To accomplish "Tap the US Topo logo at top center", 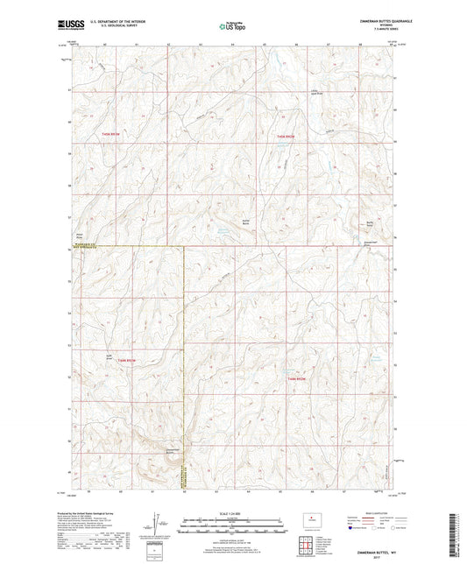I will point(231,27).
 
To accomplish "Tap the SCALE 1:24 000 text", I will point(231,514).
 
